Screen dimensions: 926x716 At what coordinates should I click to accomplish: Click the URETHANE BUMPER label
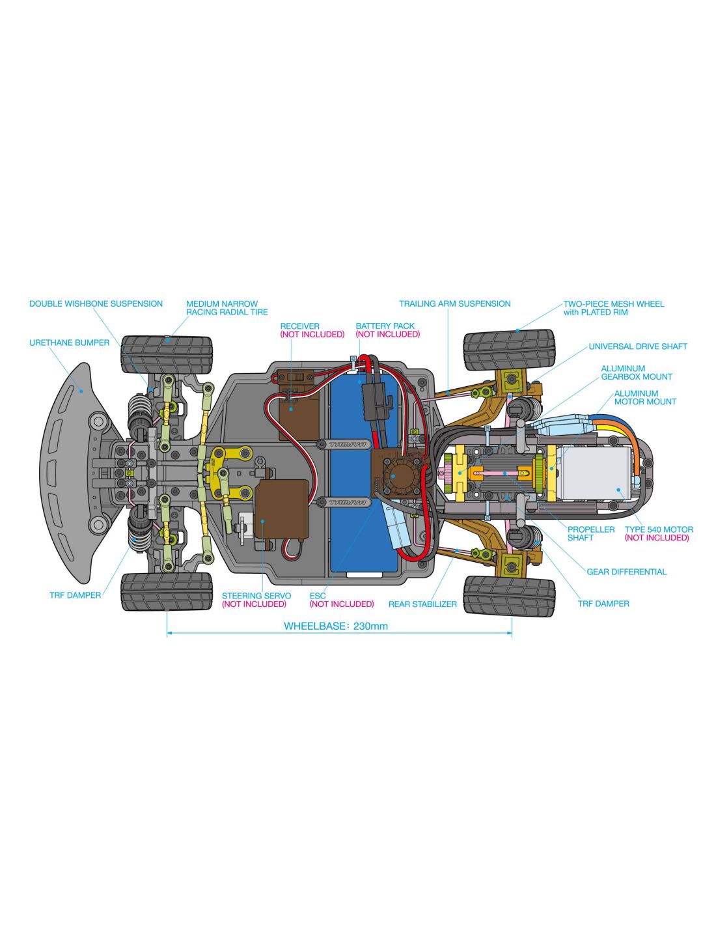click(69, 343)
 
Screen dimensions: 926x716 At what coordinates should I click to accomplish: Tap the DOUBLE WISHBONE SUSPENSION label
click(96, 303)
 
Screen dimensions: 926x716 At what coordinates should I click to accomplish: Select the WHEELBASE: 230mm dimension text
click(336, 626)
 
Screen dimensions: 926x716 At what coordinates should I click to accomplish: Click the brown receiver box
click(299, 414)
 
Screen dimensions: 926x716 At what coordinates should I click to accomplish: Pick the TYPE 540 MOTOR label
click(659, 529)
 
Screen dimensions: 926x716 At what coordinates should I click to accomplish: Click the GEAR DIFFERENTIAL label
click(626, 572)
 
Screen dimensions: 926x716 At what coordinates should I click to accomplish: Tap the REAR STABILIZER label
click(422, 604)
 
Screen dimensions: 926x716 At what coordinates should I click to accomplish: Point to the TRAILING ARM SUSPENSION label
click(454, 303)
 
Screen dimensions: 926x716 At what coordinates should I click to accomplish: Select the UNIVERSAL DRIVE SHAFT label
click(638, 346)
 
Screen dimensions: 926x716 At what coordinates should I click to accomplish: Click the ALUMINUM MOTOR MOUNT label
click(644, 397)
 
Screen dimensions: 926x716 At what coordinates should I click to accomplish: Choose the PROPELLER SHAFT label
click(590, 533)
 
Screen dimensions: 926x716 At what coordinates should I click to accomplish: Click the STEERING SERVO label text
click(256, 596)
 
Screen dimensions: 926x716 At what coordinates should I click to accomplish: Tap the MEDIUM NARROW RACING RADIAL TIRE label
click(227, 308)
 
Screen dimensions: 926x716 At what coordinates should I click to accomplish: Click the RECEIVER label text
click(299, 326)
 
